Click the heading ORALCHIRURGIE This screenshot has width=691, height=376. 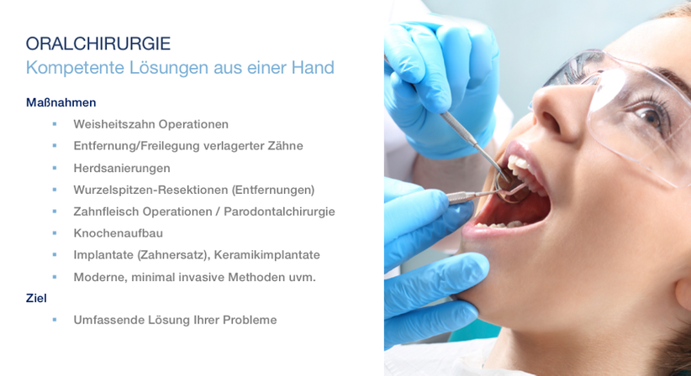coord(98,44)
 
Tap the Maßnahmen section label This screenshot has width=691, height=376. coord(61,102)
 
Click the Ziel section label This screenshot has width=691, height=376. coord(36,298)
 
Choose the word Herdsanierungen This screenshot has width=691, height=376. coord(122,168)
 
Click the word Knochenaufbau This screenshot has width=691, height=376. coord(118,233)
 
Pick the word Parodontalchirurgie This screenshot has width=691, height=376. coord(279,211)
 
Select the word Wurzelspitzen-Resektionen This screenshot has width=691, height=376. coord(150,190)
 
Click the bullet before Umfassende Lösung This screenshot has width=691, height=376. coord(55,320)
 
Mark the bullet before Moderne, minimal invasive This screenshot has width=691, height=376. coord(55,277)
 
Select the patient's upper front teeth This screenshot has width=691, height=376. coord(520,166)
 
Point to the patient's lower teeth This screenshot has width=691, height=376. coord(503,224)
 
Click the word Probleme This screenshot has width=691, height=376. coord(250,320)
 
